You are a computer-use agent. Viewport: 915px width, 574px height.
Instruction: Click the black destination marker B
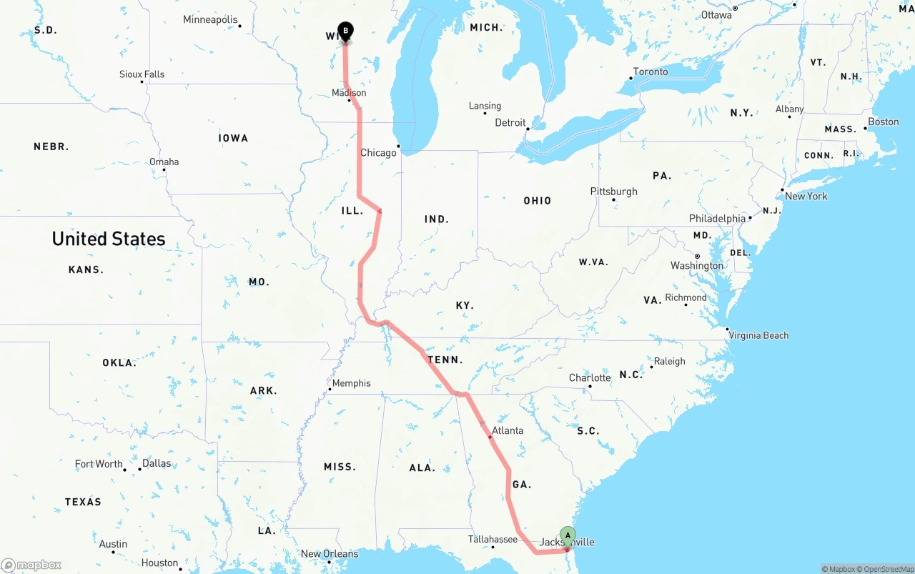coord(345,31)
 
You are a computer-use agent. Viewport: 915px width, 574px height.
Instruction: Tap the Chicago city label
coord(378,152)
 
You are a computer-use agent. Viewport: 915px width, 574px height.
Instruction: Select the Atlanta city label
coord(508,430)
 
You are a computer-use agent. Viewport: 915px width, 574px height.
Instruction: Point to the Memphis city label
coord(352,383)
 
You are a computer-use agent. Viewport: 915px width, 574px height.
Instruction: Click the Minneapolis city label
coord(210,19)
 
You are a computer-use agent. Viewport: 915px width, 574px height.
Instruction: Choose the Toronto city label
coord(651,71)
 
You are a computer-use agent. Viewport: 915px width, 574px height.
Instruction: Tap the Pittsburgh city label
coord(613,191)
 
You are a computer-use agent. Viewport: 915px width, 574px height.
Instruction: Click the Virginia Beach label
coord(758,335)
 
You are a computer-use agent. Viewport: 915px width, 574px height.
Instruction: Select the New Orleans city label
coord(329,553)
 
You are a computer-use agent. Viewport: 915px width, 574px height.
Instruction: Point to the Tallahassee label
coord(493,539)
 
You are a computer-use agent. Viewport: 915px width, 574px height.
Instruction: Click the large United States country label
coord(109,239)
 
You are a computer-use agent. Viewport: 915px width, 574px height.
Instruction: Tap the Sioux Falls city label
coord(142,74)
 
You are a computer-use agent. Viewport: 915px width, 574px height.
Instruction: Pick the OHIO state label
coord(537,201)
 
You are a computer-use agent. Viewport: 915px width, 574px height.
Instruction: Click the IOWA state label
coord(234,138)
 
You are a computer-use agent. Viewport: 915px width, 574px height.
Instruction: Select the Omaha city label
coord(164,162)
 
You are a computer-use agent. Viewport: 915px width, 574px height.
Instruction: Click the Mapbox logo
coord(31,565)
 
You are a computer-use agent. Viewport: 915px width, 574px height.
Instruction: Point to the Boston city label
coord(884,122)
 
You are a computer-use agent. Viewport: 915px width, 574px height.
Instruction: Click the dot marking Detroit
coord(528,129)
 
